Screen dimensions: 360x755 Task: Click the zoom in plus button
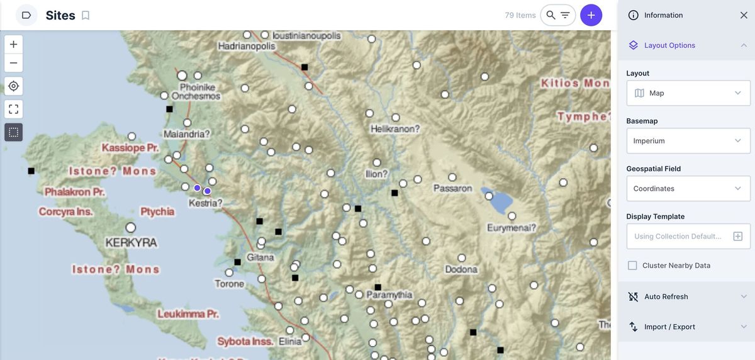pyautogui.click(x=13, y=45)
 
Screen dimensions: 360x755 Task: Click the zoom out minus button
pyautogui.click(x=13, y=63)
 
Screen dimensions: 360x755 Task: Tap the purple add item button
pyautogui.click(x=591, y=15)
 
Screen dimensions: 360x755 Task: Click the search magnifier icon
pyautogui.click(x=551, y=15)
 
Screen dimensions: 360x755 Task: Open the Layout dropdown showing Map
pyautogui.click(x=688, y=93)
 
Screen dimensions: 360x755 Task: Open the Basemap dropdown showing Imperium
pyautogui.click(x=688, y=141)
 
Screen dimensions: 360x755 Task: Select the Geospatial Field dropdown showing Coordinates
pyautogui.click(x=688, y=189)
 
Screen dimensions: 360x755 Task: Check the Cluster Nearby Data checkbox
pyautogui.click(x=632, y=266)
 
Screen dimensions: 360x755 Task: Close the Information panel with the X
pyautogui.click(x=744, y=15)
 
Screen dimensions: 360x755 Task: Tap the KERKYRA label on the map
pyautogui.click(x=131, y=242)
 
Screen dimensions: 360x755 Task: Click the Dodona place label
pyautogui.click(x=461, y=269)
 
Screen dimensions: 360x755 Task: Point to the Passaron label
pyautogui.click(x=452, y=188)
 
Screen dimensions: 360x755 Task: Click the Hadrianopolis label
pyautogui.click(x=247, y=46)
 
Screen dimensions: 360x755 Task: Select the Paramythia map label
pyautogui.click(x=389, y=295)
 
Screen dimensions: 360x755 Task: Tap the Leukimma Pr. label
pyautogui.click(x=187, y=313)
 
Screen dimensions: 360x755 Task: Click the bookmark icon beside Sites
pyautogui.click(x=86, y=15)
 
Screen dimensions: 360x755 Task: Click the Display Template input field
pyautogui.click(x=679, y=237)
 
